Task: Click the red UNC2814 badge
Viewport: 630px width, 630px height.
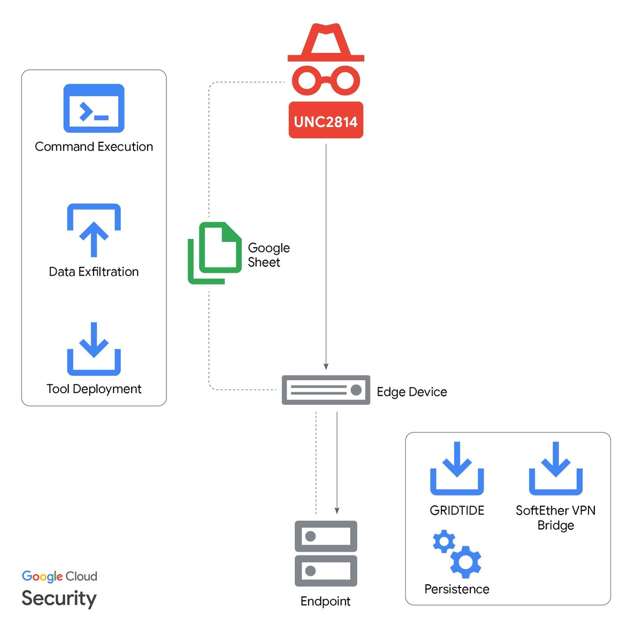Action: pos(325,120)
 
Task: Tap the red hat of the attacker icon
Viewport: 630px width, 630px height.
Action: pos(325,43)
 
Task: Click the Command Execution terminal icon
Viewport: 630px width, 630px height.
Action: pos(94,108)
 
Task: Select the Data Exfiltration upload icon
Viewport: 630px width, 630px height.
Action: pos(94,230)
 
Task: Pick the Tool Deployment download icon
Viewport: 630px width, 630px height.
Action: pos(94,349)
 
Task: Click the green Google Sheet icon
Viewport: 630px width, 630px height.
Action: pos(215,253)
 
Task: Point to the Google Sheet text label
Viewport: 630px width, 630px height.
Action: pos(269,255)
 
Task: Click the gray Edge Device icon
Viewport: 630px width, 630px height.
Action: pos(326,390)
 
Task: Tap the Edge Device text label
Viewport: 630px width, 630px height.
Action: pos(412,392)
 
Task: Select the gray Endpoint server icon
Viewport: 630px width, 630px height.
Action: pos(326,553)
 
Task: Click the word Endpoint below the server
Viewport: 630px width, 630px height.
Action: pos(325,602)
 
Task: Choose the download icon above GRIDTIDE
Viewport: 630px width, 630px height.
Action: pos(457,468)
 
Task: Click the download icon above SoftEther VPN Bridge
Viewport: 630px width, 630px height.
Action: pos(556,468)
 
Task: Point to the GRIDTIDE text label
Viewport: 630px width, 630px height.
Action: pos(457,510)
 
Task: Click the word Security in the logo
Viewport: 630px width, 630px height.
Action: pos(59,599)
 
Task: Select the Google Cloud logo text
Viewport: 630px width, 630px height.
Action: pos(59,576)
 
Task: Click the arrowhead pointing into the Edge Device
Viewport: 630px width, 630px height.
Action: pos(326,366)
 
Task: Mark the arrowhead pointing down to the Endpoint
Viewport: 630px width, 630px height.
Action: pos(337,511)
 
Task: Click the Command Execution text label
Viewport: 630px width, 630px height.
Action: pos(94,147)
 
